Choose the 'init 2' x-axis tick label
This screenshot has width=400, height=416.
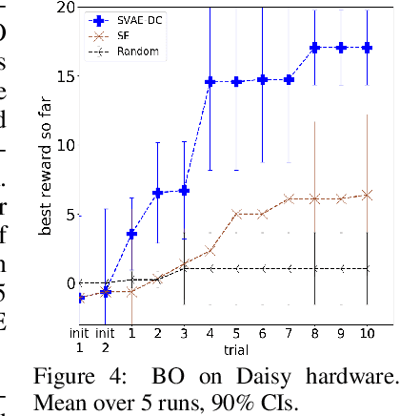pyautogui.click(x=107, y=341)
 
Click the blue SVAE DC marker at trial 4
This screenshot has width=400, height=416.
pyautogui.click(x=210, y=82)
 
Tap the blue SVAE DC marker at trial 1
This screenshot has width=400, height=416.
pyautogui.click(x=132, y=233)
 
